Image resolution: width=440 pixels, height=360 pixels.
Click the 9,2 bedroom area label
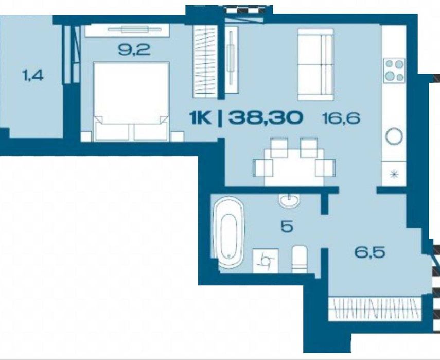pyautogui.click(x=134, y=50)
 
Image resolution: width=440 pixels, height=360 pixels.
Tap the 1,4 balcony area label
pyautogui.click(x=32, y=75)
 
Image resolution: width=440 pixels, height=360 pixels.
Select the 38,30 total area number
pyautogui.click(x=266, y=117)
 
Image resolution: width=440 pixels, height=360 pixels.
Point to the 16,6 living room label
pyautogui.click(x=341, y=118)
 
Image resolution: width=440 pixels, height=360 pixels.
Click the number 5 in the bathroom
pyautogui.click(x=287, y=226)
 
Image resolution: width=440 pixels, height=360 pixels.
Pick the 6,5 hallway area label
pyautogui.click(x=369, y=252)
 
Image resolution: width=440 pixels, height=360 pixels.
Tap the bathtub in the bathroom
pyautogui.click(x=228, y=232)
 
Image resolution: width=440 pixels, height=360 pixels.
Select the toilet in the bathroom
pyautogui.click(x=300, y=259)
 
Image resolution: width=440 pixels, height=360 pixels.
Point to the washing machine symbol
pyautogui.click(x=265, y=261)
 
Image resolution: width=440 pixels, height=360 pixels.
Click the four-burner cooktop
pyautogui.click(x=394, y=70)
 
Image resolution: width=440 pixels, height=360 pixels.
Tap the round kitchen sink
pyautogui.click(x=394, y=136)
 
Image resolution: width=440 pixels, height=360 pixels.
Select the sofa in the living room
pyautogui.click(x=315, y=64)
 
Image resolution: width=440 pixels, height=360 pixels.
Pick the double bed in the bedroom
pyautogui.click(x=131, y=101)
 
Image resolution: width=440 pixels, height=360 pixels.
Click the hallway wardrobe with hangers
pyautogui.click(x=375, y=308)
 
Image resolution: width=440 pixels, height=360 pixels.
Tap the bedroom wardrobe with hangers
pyautogui.click(x=205, y=61)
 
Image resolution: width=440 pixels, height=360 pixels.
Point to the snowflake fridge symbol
pyautogui.click(x=395, y=175)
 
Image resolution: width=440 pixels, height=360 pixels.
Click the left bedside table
pyautogui.click(x=86, y=136)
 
